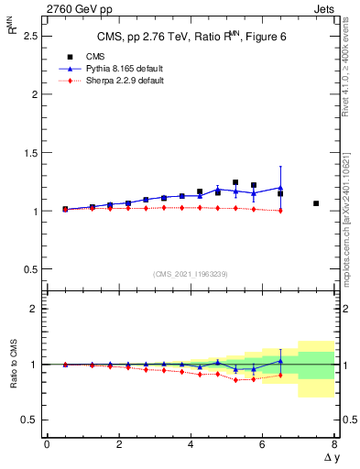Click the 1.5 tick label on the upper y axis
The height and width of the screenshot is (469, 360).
tap(30, 152)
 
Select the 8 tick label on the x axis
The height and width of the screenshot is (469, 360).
tap(335, 444)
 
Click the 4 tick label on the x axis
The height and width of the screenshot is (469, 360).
tap(191, 444)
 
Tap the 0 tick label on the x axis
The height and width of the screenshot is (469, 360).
tap(47, 444)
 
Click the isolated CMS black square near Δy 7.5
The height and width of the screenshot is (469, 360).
tap(316, 203)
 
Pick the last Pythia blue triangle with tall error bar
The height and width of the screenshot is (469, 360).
tap(280, 188)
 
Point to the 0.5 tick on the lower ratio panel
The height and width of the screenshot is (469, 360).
tap(30, 420)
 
